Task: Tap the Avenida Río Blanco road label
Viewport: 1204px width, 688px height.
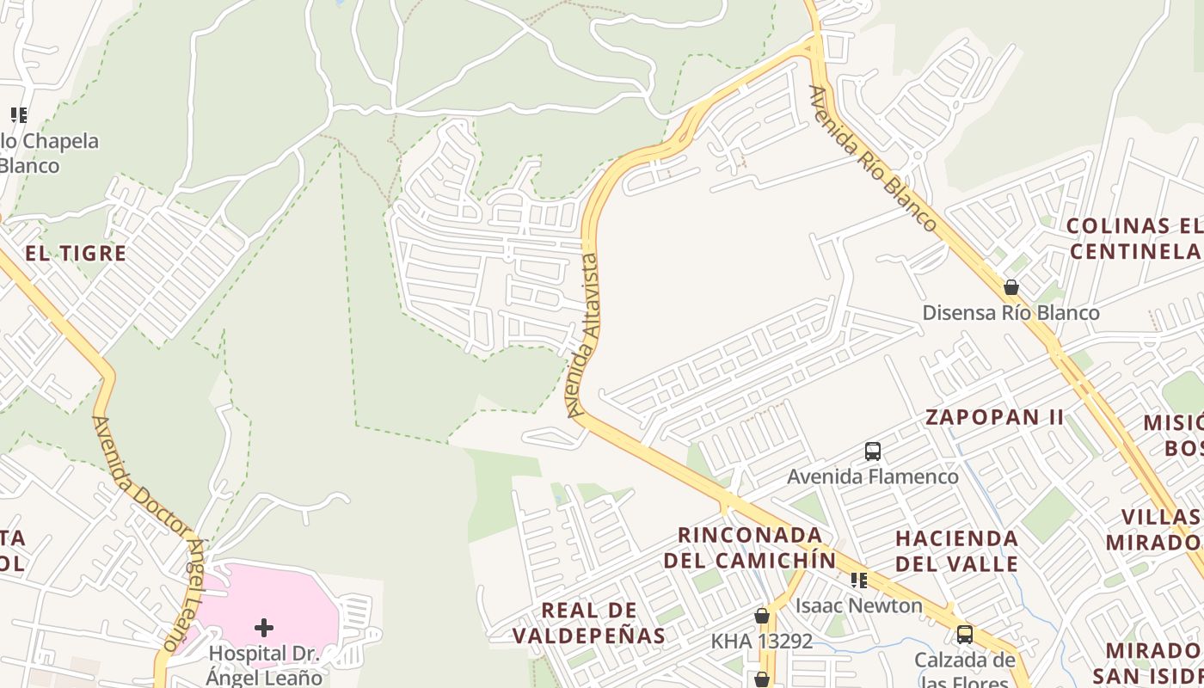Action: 873,159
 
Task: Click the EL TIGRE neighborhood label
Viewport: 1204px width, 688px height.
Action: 76,254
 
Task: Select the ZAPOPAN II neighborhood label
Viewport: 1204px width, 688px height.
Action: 994,418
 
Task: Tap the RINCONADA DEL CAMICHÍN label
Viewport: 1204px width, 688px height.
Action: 749,548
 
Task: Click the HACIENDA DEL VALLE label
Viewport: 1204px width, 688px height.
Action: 956,551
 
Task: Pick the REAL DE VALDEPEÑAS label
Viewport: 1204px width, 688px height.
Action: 589,623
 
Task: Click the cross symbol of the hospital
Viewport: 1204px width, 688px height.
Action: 264,627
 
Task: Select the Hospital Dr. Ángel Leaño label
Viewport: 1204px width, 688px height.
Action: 265,665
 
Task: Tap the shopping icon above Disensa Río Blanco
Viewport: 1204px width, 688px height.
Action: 1011,287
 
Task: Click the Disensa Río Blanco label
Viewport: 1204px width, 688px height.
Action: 1010,312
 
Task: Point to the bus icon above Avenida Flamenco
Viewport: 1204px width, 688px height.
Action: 873,451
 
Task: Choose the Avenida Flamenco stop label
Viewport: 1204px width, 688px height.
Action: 873,476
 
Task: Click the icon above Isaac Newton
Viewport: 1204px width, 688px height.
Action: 858,580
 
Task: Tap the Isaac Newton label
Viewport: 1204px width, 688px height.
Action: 858,605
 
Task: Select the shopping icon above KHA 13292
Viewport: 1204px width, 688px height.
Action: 762,616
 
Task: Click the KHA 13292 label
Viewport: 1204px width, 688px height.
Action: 761,641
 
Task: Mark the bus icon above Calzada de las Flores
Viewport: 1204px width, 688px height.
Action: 965,635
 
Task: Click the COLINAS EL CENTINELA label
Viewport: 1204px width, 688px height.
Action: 1133,238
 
